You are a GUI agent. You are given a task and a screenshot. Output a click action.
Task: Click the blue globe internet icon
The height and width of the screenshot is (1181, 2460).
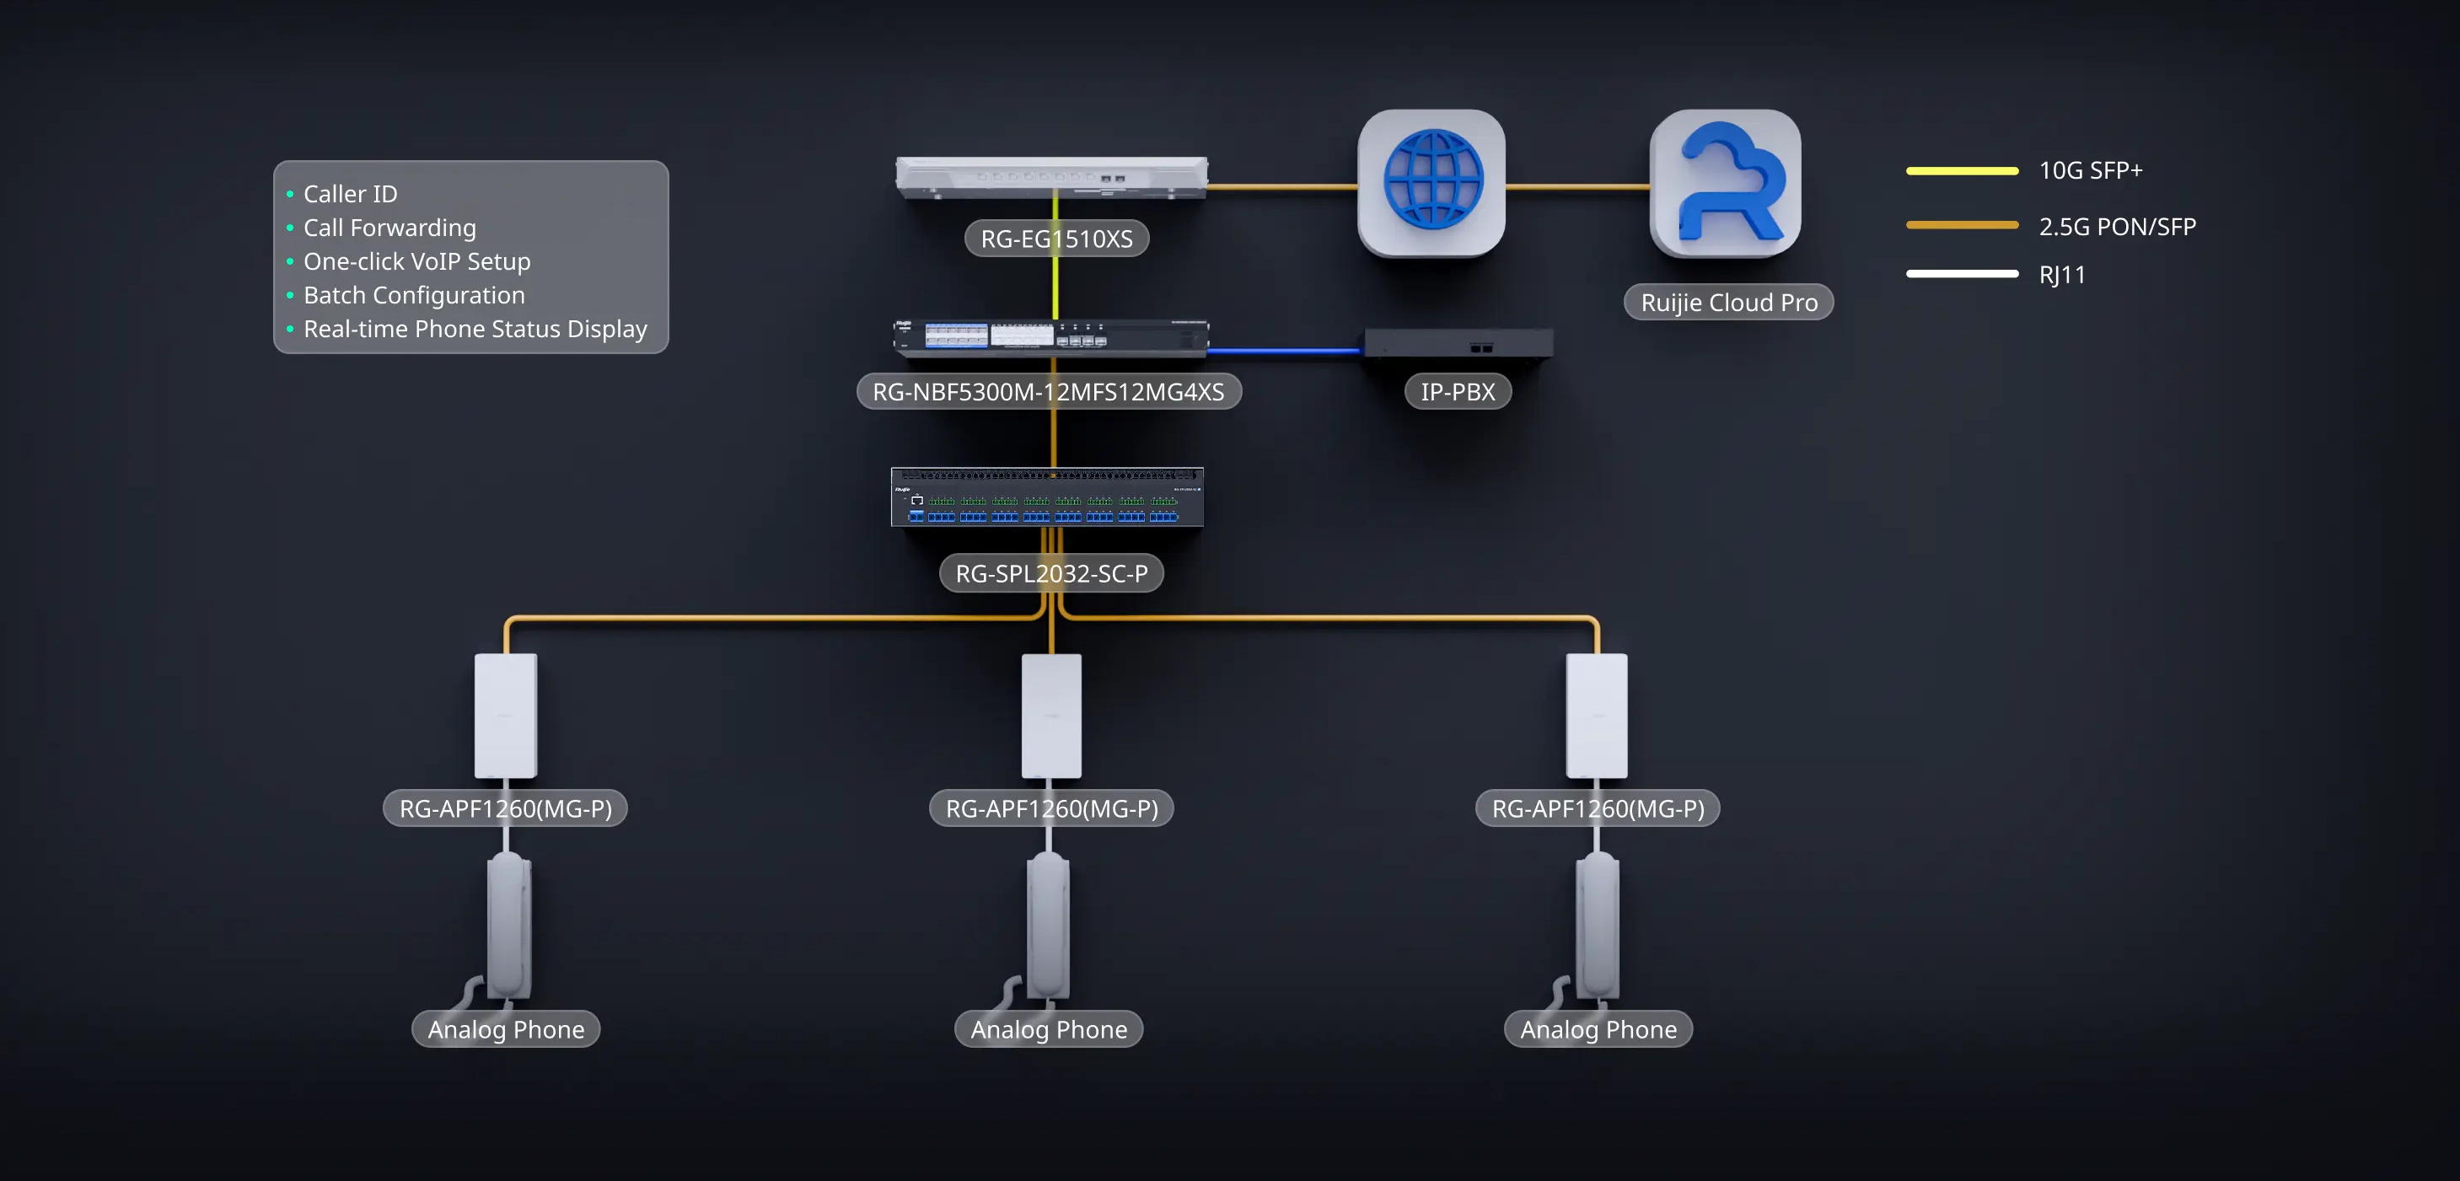1431,181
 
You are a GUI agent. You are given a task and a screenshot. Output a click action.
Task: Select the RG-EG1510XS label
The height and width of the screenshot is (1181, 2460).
1056,239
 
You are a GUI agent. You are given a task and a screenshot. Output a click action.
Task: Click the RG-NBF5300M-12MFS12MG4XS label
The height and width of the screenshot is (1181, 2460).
1049,391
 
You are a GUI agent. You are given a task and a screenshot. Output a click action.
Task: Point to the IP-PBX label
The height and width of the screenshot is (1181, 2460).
1458,391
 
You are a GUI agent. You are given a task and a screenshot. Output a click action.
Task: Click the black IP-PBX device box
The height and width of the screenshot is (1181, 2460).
1458,344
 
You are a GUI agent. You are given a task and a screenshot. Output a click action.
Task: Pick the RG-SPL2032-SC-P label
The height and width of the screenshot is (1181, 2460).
1051,573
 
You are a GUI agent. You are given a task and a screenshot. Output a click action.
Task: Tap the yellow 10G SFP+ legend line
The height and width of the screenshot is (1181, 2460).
1962,171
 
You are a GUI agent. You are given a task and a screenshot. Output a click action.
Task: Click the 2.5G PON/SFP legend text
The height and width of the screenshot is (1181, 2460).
2117,226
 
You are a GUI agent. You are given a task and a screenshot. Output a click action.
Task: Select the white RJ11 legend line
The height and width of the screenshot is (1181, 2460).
1962,274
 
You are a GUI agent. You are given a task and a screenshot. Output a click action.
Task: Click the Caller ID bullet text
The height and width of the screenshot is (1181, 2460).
351,194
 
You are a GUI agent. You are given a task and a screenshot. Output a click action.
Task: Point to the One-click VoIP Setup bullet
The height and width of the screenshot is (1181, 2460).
416,261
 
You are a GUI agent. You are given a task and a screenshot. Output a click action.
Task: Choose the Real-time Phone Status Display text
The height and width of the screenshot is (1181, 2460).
475,329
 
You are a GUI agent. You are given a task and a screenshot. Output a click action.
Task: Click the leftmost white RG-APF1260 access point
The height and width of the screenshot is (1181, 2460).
506,715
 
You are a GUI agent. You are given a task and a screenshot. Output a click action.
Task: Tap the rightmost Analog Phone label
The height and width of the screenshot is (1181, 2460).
1598,1029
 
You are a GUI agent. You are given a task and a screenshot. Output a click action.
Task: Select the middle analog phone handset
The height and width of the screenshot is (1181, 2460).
1049,926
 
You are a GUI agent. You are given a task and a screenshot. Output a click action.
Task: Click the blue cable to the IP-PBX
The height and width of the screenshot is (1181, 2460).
1286,352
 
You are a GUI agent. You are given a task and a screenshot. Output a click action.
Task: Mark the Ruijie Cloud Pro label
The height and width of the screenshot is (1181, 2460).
1728,303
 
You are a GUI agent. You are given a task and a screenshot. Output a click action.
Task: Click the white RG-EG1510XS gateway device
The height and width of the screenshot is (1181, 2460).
1051,177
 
